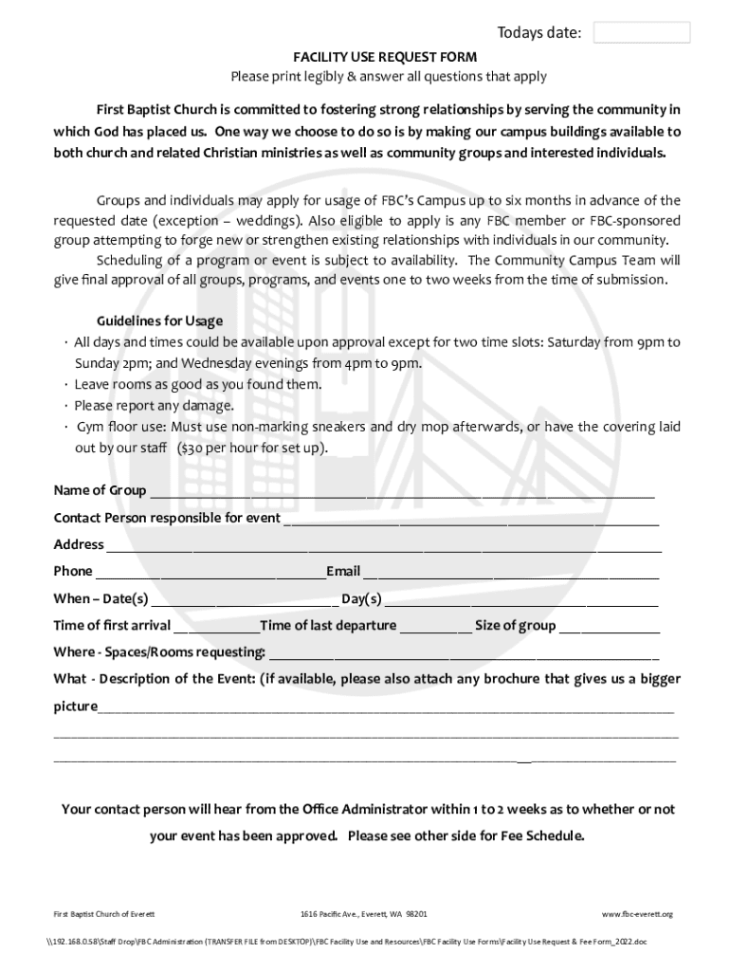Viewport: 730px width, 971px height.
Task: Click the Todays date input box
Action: click(642, 33)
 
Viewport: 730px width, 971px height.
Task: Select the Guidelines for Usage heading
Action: click(159, 321)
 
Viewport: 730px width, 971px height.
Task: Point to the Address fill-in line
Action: click(383, 545)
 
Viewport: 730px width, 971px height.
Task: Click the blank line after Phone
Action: click(210, 572)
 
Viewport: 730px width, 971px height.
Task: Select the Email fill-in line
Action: click(511, 572)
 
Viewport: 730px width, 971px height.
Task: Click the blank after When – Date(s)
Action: click(244, 599)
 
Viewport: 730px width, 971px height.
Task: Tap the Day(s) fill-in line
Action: click(520, 599)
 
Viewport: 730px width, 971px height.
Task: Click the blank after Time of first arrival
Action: click(216, 626)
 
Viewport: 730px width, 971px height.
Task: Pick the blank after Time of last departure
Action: click(435, 626)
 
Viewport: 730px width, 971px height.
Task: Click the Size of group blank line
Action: click(609, 626)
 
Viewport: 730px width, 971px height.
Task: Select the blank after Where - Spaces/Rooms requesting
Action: click(464, 652)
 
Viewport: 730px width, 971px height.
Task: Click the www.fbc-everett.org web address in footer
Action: click(637, 914)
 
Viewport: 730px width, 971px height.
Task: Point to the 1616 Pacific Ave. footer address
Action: click(363, 914)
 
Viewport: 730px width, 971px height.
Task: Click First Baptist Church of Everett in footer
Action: click(104, 914)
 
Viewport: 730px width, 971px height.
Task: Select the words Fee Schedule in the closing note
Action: click(539, 836)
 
